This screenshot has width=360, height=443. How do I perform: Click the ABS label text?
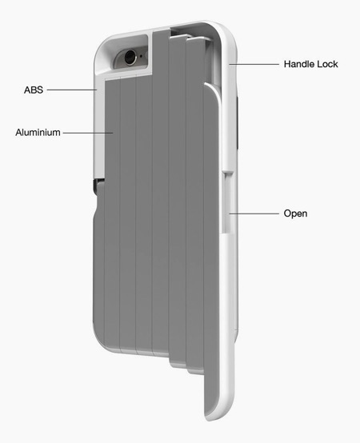point(34,90)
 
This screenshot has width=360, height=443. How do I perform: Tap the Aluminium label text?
point(38,132)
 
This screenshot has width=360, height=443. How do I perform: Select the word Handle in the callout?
point(297,64)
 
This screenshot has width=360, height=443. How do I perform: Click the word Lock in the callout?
point(325,64)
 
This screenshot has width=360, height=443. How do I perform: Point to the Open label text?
point(295,214)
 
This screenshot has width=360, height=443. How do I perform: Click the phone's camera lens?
point(130,57)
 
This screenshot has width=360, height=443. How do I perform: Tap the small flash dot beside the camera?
point(142,56)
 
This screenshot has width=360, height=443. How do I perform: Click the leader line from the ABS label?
point(72,90)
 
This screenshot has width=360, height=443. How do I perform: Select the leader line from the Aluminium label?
point(88,133)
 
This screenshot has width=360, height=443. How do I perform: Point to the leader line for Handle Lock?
point(254,64)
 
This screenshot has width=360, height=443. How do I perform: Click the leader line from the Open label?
point(254,214)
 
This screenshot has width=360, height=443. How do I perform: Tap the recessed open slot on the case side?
point(227,202)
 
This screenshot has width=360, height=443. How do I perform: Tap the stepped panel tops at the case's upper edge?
point(186,37)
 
